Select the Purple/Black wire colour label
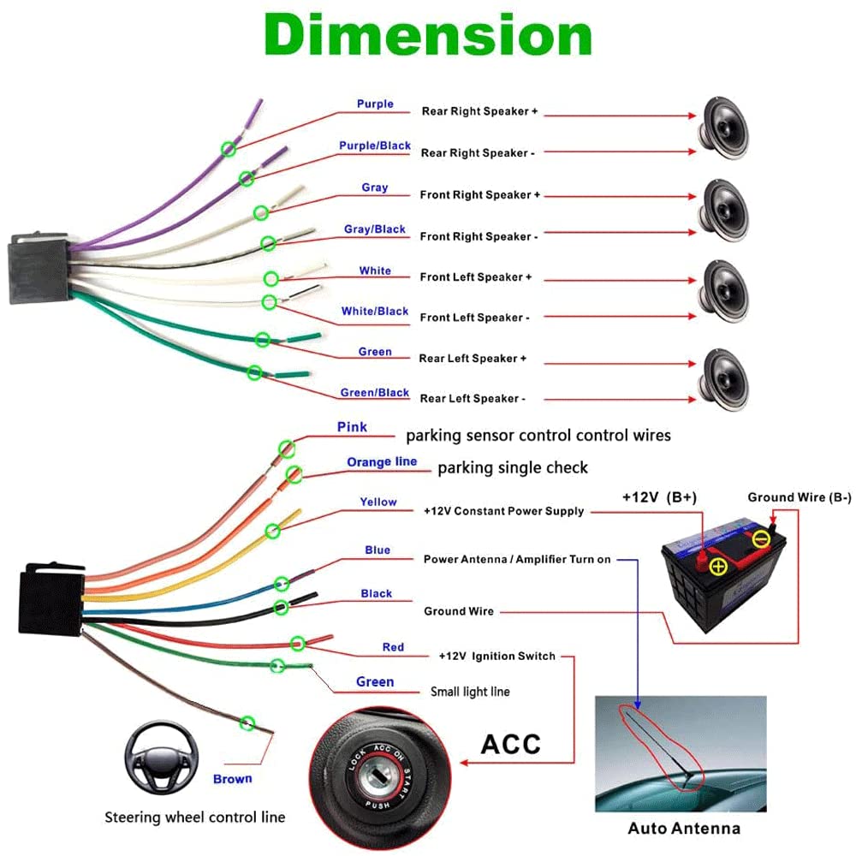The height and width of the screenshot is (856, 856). coord(375,146)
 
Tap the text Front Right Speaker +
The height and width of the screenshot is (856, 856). coord(479,195)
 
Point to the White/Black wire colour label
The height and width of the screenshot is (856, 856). coord(375,312)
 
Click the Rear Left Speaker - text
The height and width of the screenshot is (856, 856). coord(472,399)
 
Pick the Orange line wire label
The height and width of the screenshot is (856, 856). coord(382,462)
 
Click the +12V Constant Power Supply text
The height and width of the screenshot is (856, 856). coord(503,511)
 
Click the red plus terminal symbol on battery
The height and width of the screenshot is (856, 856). coord(718,566)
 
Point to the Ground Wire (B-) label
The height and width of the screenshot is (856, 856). coord(799,497)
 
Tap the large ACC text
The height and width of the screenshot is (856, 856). coord(510,743)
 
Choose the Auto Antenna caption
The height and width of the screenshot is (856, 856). coord(684,829)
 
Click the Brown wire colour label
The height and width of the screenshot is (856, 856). coord(233,779)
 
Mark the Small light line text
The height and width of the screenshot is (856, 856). coord(470,692)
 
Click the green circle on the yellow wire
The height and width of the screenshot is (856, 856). coord(273,531)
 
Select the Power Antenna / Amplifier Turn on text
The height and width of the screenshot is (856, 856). coord(517,560)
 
